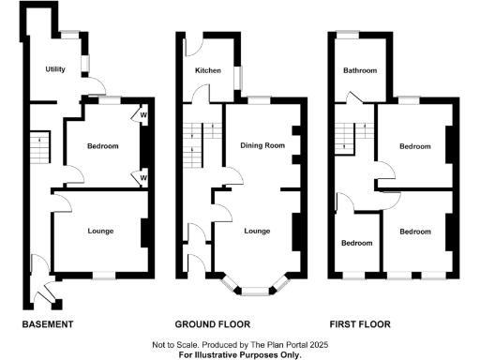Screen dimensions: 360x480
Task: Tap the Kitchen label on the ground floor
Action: point(208,70)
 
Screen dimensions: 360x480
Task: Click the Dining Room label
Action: point(262,145)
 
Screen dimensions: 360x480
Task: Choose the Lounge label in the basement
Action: point(100,230)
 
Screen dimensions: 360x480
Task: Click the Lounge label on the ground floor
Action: point(257,231)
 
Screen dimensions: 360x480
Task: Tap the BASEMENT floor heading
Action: point(48,324)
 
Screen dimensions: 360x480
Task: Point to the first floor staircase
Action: point(348,138)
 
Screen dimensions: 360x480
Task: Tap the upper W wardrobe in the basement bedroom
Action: point(143,116)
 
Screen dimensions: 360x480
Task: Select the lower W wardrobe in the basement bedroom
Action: point(143,176)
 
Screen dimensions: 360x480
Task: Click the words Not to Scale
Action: point(178,346)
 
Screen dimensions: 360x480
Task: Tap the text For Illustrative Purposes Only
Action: point(241,355)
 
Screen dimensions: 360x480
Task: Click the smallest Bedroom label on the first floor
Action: point(356,243)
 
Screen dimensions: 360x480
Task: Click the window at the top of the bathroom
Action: point(348,35)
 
